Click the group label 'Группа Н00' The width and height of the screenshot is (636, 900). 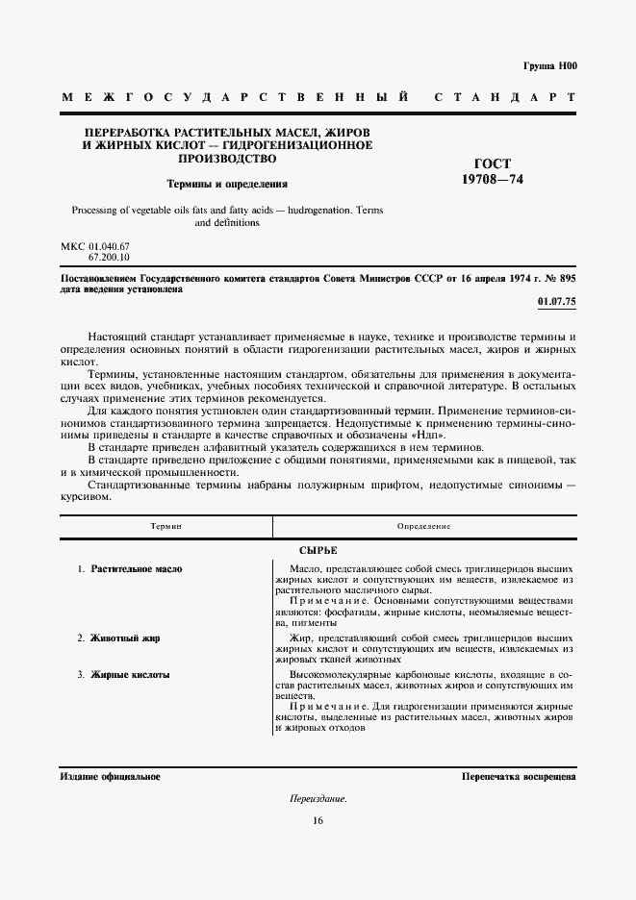550,65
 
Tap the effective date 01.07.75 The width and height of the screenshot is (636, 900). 555,302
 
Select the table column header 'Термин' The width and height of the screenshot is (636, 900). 165,527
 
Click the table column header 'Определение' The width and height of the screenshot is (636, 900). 424,527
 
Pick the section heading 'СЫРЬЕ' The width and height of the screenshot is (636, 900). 318,550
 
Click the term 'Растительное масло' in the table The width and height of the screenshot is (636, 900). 137,569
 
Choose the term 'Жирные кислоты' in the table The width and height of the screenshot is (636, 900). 130,675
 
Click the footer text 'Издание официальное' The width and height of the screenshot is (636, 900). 110,776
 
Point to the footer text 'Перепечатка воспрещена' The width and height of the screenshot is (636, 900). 519,776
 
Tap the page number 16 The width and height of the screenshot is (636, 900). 318,820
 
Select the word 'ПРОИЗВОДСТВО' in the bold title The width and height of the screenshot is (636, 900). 227,158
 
